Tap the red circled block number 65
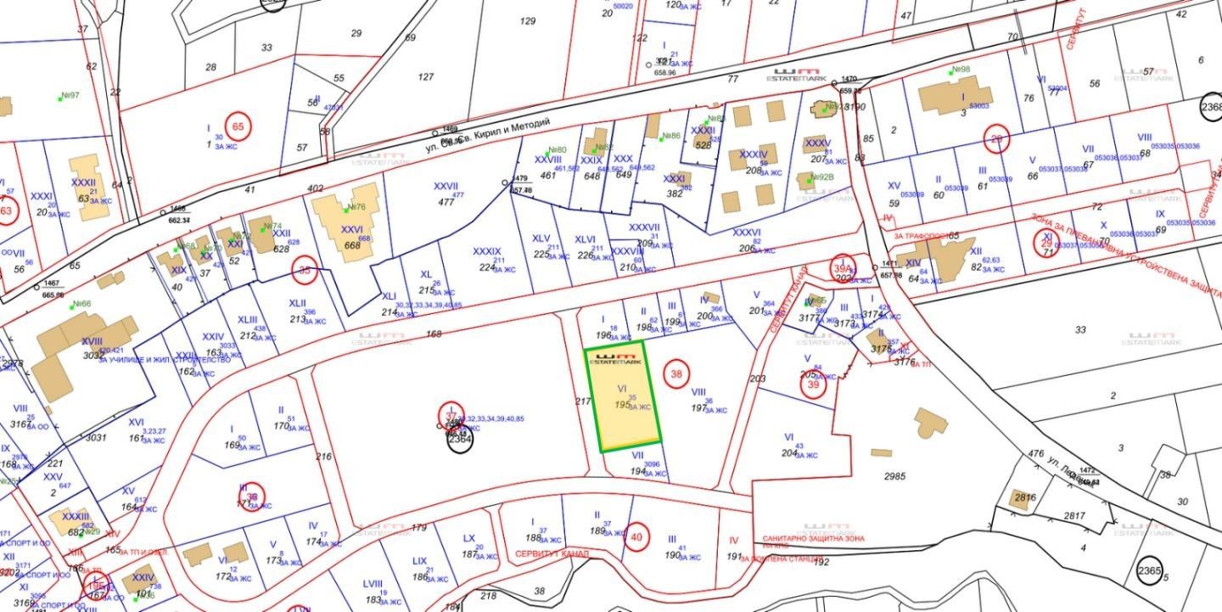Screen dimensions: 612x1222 [x=238, y=127]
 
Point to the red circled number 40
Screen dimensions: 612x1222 [x=637, y=536]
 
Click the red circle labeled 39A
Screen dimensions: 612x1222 [x=843, y=265]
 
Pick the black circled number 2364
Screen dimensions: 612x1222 [x=459, y=439]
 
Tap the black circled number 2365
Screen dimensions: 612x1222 [x=1149, y=571]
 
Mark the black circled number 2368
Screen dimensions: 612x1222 [x=1212, y=107]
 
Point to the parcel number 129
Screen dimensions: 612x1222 [x=528, y=21]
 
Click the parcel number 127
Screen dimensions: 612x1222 [x=426, y=76]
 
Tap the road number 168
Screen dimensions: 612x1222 [x=434, y=334]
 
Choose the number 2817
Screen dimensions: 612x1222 [x=1074, y=515]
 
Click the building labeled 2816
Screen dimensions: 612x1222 [x=1021, y=498]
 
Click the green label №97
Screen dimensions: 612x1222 [x=70, y=95]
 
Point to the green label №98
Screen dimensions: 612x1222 [x=961, y=70]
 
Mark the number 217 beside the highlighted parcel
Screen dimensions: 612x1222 [x=582, y=401]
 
